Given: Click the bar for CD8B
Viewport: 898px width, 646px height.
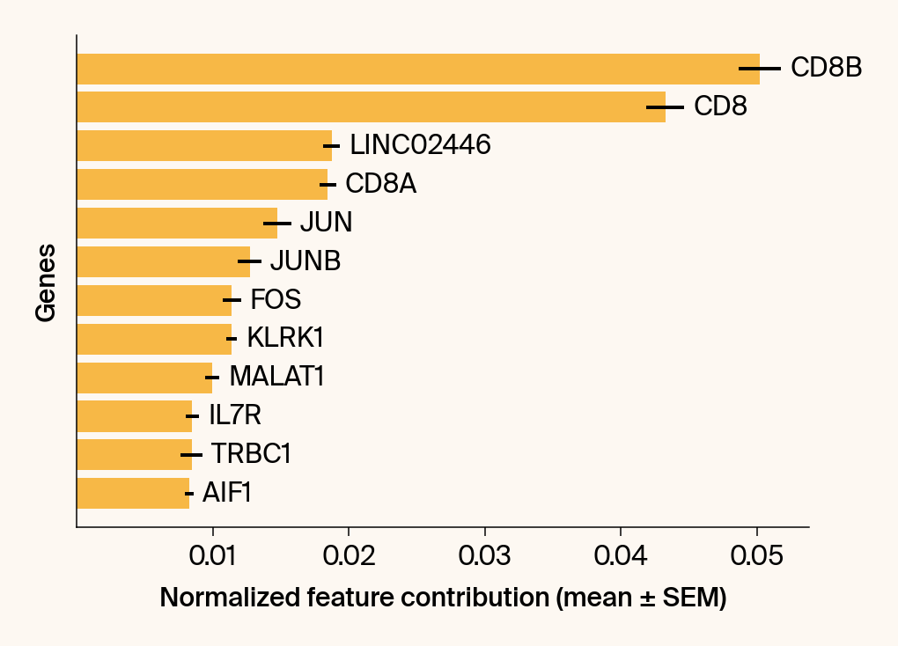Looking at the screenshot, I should [418, 69].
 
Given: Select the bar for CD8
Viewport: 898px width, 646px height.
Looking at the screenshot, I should [371, 107].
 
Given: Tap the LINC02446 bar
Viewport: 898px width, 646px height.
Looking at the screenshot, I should [204, 145].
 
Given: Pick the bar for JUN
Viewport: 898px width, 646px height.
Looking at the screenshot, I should [177, 223].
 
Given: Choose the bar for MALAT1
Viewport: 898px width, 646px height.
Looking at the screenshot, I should [144, 378].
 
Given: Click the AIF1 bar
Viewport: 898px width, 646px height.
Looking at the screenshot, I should [133, 493].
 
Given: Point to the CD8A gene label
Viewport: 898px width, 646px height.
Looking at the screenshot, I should [380, 184].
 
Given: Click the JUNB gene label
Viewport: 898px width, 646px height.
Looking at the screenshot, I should [305, 261].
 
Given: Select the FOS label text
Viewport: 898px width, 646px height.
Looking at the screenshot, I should [276, 300].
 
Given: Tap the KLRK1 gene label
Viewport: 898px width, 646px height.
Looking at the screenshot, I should [279, 338].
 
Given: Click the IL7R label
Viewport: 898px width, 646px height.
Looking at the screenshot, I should [235, 415].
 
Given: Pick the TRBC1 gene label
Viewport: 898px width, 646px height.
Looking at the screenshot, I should [251, 454].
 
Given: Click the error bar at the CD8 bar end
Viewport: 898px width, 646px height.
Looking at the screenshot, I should [665, 107].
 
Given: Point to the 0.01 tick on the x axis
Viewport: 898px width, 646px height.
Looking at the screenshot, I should [212, 556].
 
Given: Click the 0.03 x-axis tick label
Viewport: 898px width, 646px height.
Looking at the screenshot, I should [484, 556].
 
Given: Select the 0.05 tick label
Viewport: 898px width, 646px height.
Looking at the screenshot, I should [756, 556].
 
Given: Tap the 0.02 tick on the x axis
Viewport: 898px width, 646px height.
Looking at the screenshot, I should [349, 556].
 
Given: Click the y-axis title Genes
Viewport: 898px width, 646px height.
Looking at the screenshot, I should [46, 282].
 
